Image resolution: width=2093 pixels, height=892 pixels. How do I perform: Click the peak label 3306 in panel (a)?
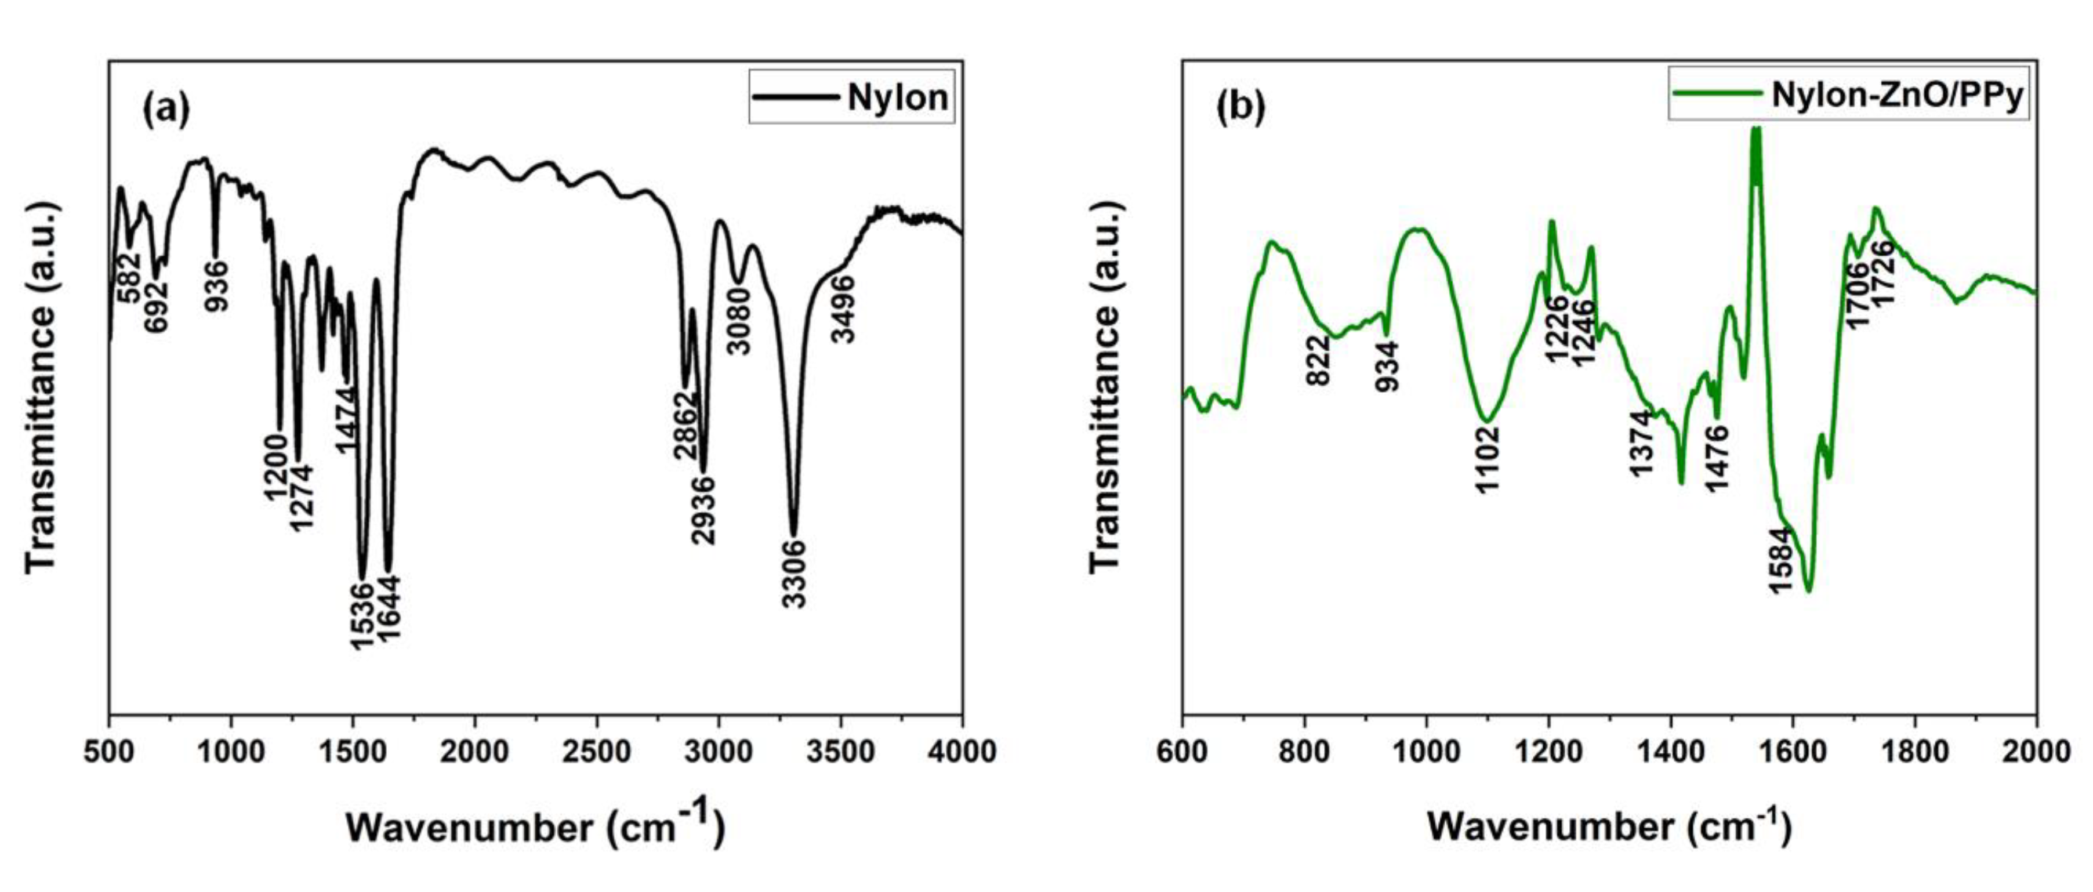794,573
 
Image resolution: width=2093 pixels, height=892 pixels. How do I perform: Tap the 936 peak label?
216,286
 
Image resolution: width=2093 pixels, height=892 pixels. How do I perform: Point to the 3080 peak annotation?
739,322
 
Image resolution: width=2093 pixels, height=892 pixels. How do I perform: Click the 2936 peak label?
703,509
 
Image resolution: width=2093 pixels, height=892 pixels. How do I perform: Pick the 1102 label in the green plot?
1488,459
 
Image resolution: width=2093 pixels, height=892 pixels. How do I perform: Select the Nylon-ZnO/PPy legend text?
1896,95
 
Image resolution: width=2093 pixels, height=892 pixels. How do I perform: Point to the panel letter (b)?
1240,108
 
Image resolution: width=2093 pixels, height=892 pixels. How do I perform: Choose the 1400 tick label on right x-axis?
1670,752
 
